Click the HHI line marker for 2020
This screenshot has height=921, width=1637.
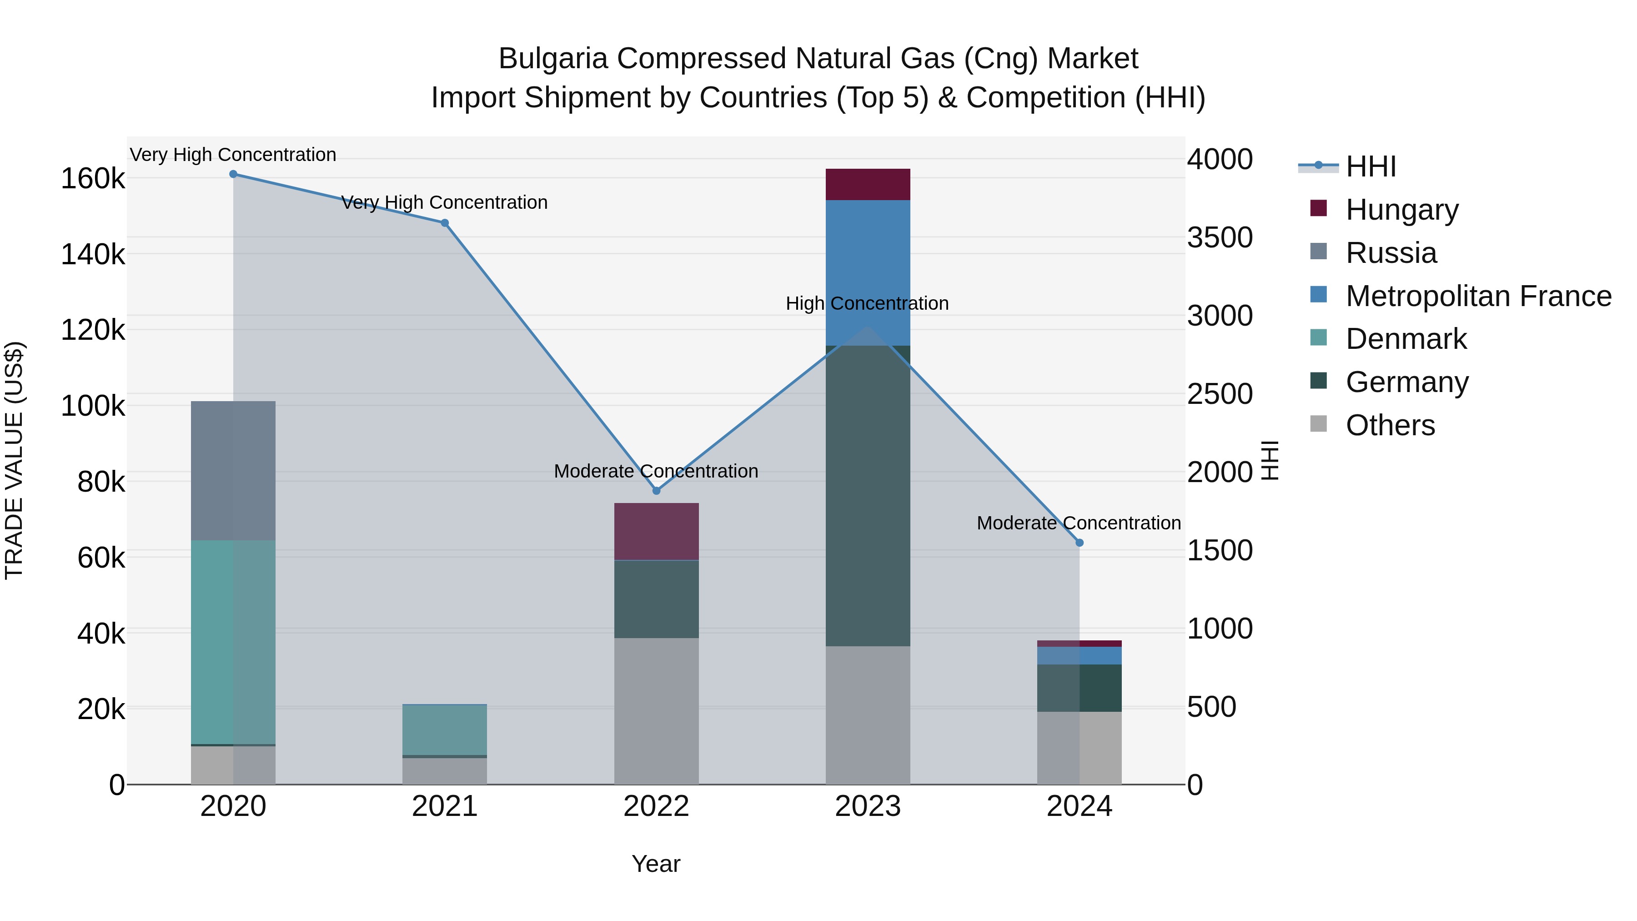tap(233, 174)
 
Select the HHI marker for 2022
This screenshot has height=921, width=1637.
tap(657, 491)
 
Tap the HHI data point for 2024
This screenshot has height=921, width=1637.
tap(1079, 543)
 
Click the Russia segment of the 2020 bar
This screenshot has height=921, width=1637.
tap(233, 470)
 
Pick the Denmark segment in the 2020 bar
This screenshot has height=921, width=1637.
tap(233, 642)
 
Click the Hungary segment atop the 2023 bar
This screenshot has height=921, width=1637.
tap(868, 184)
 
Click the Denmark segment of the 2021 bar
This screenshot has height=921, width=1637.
tap(444, 729)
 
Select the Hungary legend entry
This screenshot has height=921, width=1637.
tap(1401, 209)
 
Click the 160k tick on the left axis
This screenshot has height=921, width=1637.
tap(93, 179)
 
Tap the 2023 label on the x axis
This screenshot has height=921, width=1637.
tap(868, 806)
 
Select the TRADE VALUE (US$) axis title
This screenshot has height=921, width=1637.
tap(14, 460)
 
